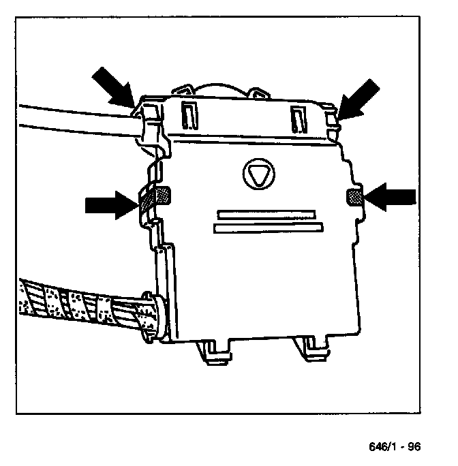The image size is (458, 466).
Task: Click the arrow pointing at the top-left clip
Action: [x=113, y=85]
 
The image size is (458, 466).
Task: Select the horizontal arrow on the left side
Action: [x=110, y=204]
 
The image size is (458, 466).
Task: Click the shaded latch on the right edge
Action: [x=354, y=197]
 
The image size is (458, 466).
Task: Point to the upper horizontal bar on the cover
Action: [x=264, y=213]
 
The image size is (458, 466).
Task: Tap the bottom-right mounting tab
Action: [x=311, y=347]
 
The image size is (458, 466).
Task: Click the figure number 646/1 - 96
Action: [x=395, y=447]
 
